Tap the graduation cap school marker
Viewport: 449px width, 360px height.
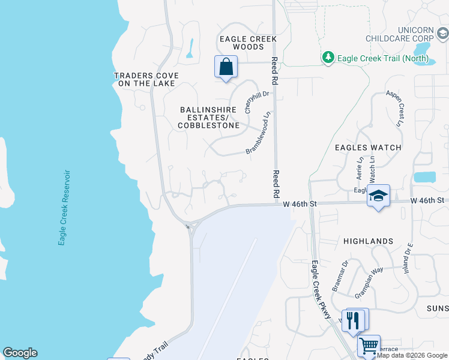click(379, 196)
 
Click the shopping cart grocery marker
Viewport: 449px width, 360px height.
click(369, 346)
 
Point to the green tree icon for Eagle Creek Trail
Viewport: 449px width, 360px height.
click(328, 58)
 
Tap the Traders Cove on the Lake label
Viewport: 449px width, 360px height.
click(146, 79)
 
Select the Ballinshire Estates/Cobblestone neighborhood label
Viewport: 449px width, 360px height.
click(209, 118)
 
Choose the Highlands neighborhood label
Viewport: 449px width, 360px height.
click(368, 241)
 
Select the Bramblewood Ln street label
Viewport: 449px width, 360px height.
click(260, 133)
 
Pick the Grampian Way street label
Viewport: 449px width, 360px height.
click(369, 282)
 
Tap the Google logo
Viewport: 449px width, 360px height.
click(20, 353)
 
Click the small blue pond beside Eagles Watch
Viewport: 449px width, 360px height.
click(424, 177)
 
